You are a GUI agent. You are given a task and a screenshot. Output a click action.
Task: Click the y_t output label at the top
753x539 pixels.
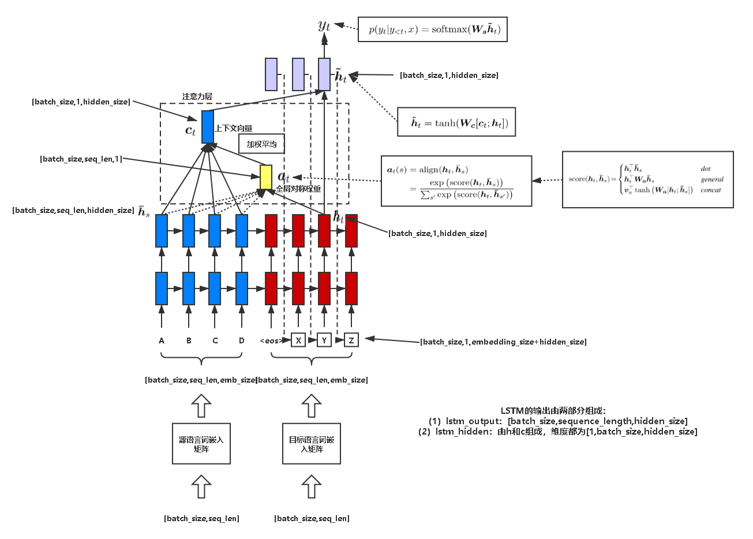pos(324,24)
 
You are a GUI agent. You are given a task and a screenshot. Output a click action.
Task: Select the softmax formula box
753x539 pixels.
pos(433,29)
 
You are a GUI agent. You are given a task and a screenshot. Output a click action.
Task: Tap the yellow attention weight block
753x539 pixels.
pos(265,177)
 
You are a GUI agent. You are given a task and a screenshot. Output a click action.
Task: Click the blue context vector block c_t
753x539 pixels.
pos(208,126)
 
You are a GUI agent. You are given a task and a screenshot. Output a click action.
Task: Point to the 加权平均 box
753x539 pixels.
pos(261,144)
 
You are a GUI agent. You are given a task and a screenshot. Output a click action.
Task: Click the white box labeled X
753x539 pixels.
pos(298,340)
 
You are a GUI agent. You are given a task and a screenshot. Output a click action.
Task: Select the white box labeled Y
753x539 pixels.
pos(324,340)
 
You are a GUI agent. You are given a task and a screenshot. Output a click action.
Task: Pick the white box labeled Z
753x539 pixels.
pos(351,340)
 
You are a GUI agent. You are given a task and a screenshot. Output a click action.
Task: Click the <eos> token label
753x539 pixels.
pos(271,340)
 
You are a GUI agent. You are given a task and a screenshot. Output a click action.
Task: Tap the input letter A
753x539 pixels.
pos(162,340)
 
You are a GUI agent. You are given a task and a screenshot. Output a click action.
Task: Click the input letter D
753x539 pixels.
pos(242,340)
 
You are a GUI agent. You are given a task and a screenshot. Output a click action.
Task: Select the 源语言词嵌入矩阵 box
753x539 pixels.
pos(201,444)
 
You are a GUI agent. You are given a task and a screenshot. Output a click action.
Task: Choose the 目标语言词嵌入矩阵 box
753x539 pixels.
pos(312,444)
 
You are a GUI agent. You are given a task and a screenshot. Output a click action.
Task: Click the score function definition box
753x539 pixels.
pos(647,179)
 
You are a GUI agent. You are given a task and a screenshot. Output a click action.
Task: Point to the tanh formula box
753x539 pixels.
pos(456,122)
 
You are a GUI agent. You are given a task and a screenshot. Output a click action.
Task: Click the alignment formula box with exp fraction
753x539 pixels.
pos(456,181)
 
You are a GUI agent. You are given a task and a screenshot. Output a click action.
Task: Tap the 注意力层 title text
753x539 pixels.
pos(197,97)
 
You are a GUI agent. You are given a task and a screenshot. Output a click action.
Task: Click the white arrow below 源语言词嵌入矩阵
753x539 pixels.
pos(201,486)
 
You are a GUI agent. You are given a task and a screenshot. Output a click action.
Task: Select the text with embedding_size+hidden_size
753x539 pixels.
pos(503,342)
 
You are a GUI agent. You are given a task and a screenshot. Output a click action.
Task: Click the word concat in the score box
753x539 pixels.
pos(711,190)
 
